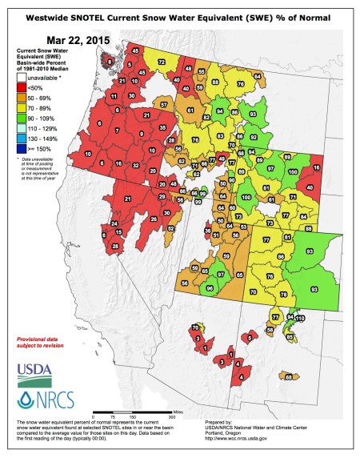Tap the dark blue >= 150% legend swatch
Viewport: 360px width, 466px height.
(x=22, y=148)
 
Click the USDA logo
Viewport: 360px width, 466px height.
(x=32, y=371)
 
